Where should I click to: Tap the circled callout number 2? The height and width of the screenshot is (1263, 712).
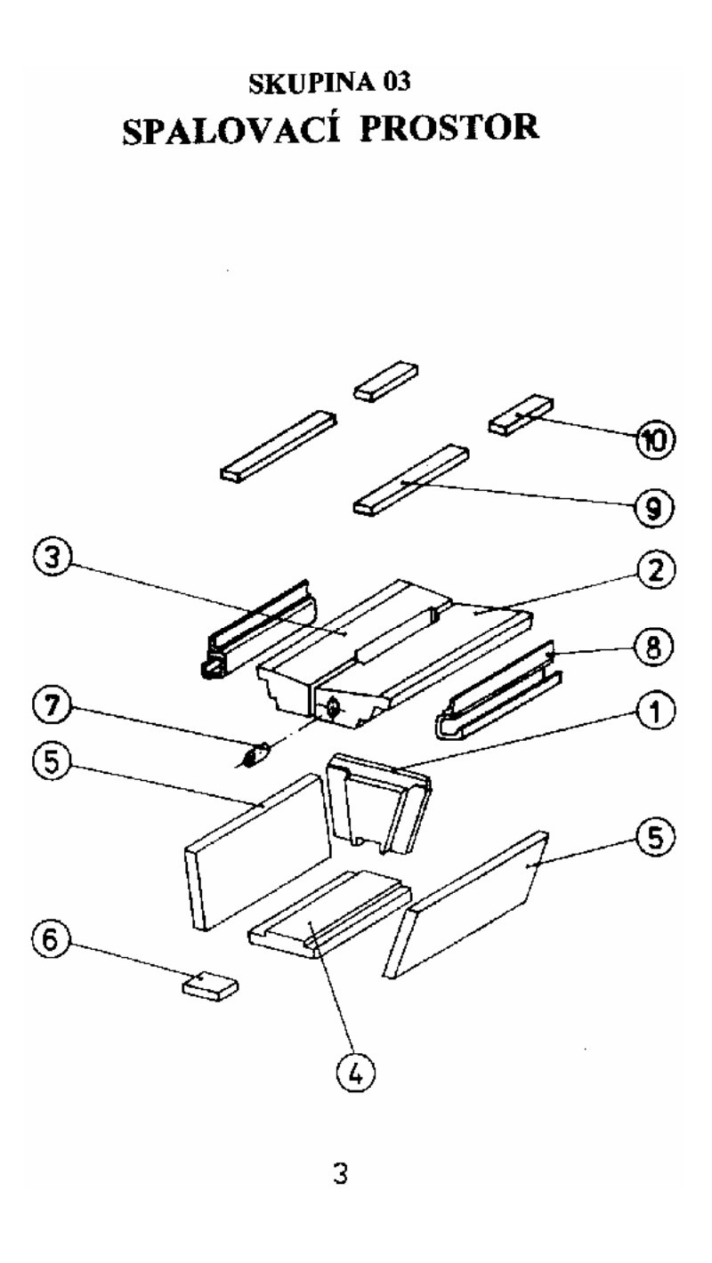(x=657, y=569)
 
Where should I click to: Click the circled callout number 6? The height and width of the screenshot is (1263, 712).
(x=47, y=945)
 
